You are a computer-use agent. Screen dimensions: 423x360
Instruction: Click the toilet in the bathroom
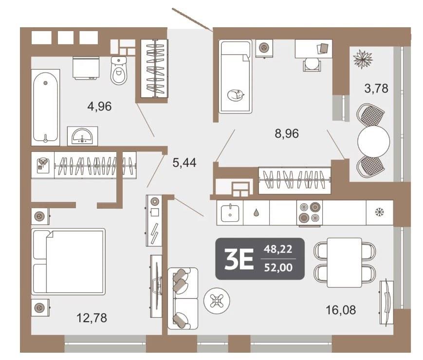(119, 71)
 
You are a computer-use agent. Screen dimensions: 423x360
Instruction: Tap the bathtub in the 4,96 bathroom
(45, 108)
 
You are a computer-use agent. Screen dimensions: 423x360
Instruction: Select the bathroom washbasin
(82, 136)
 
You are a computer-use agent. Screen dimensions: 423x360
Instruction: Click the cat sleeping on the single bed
(236, 95)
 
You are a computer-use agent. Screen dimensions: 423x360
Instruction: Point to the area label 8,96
(287, 133)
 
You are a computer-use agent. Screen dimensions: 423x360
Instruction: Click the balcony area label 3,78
(376, 88)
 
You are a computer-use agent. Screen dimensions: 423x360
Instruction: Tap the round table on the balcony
(374, 141)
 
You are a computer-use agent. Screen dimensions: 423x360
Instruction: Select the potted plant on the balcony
(363, 59)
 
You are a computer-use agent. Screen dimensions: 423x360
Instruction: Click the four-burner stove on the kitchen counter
(310, 213)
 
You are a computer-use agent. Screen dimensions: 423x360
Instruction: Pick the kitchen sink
(230, 213)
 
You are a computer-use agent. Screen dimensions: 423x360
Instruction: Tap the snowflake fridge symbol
(380, 213)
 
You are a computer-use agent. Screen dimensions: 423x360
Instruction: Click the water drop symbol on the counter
(256, 213)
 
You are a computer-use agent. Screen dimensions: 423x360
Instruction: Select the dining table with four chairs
(345, 262)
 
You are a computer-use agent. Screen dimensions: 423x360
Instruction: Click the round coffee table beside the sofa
(217, 300)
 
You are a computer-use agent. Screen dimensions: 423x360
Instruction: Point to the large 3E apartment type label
(239, 259)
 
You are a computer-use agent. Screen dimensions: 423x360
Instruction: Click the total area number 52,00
(278, 268)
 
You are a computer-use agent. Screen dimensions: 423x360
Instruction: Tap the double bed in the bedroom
(68, 262)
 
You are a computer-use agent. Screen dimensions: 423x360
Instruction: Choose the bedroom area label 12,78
(92, 318)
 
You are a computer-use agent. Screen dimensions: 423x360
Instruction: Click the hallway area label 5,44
(184, 162)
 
